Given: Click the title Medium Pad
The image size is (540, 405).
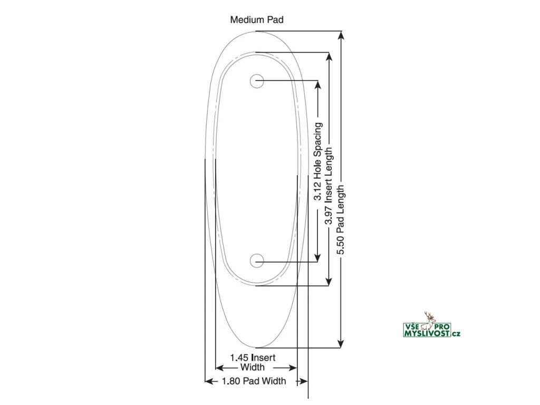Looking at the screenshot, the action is pos(257,20).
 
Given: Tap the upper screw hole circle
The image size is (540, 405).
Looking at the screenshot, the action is pos(257,81).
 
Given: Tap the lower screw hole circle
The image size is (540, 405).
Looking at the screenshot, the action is pos(257,260).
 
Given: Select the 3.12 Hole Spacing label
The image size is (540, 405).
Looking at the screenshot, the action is pos(318,162).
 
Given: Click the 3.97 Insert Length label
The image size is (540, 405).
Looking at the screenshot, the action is pos(329,186).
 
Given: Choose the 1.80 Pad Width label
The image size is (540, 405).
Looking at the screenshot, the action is pos(254,381).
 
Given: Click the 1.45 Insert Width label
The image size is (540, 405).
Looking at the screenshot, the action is pos(253,362).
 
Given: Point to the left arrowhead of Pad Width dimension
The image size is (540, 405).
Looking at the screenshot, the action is pos(209,381).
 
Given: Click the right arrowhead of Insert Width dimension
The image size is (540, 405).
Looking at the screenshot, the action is pos(293,368).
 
